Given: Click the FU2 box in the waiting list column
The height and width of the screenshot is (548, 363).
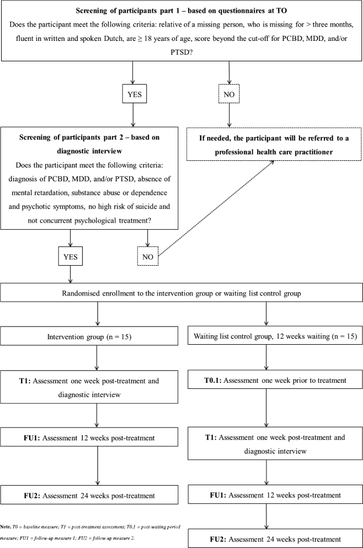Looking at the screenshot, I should click(267, 538).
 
